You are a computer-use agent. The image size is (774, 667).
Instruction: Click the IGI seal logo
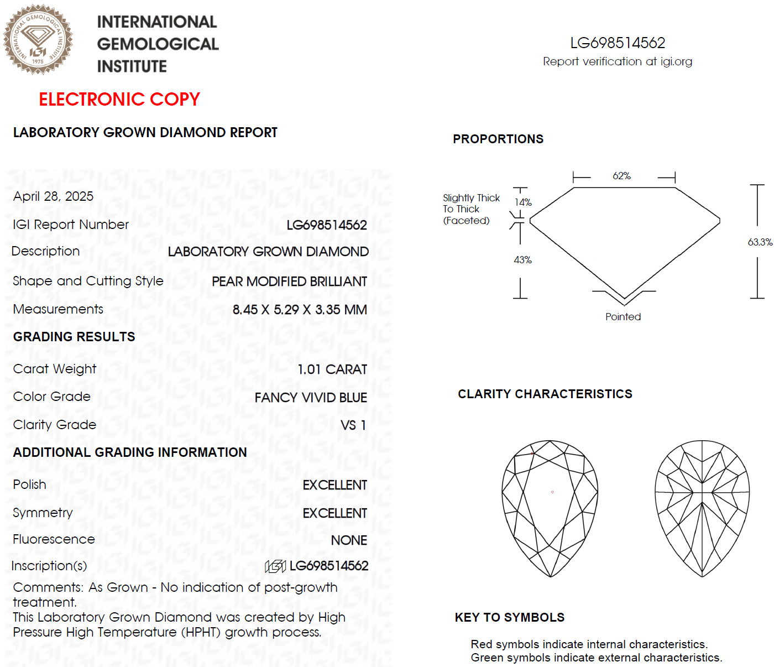click(38, 39)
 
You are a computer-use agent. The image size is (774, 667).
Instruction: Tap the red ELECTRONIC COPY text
click(119, 99)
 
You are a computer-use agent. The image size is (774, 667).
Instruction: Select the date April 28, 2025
click(53, 196)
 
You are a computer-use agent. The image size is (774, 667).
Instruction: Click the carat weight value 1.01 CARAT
click(332, 369)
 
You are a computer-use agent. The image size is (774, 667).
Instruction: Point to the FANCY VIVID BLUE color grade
click(311, 398)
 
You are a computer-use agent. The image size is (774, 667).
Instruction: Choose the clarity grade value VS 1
click(353, 425)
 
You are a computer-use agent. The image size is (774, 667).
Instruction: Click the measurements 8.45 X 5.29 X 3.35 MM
click(300, 310)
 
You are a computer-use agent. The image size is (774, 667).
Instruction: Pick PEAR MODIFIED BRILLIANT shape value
click(289, 282)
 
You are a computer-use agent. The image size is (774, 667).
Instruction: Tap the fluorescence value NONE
click(349, 540)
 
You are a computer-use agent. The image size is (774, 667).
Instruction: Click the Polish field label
click(29, 484)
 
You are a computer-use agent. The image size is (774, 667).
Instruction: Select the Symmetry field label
click(43, 513)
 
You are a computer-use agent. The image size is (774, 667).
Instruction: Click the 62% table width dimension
click(621, 176)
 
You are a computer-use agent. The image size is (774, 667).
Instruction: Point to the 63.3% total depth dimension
click(760, 242)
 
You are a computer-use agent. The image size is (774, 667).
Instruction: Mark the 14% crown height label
click(523, 202)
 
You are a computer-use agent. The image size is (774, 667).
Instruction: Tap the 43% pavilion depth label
click(522, 260)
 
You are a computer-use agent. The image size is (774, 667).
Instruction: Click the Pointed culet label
click(623, 317)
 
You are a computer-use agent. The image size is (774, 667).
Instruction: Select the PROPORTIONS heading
click(498, 139)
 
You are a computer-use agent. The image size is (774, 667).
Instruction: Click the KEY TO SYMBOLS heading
click(509, 617)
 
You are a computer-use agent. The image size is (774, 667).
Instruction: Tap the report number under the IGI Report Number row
click(326, 225)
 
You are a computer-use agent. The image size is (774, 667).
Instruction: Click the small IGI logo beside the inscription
click(275, 566)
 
